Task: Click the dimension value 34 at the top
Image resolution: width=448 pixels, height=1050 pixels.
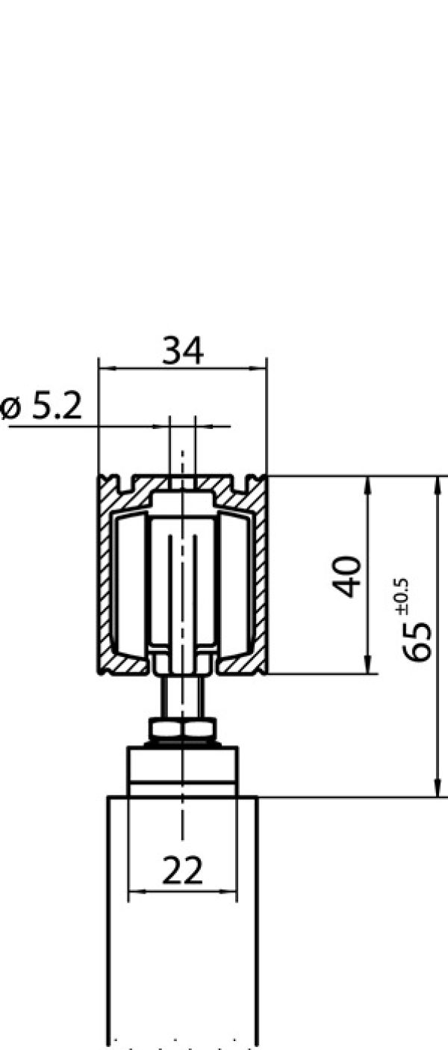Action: [x=183, y=350]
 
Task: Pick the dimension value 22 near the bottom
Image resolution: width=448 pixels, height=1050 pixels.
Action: [x=182, y=871]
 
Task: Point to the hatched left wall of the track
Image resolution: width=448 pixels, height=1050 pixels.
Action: [x=105, y=575]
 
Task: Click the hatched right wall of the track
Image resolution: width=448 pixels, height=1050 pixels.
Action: [x=261, y=575]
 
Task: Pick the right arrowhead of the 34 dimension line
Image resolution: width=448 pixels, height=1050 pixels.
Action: [x=261, y=368]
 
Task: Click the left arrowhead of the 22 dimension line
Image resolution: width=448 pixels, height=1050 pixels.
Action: [x=135, y=891]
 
